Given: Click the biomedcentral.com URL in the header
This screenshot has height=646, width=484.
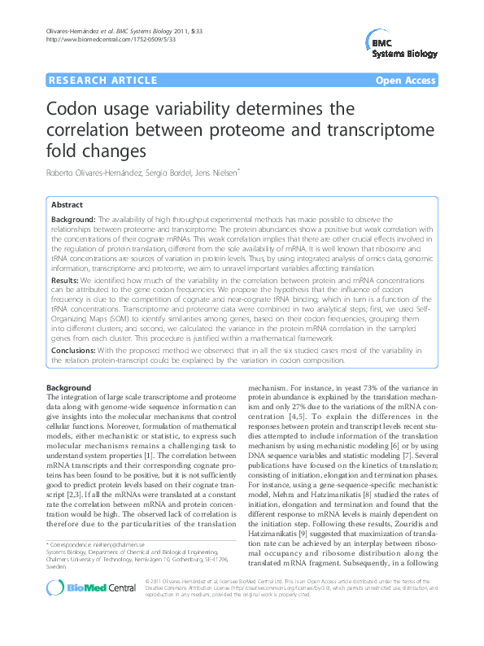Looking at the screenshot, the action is (87, 39).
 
